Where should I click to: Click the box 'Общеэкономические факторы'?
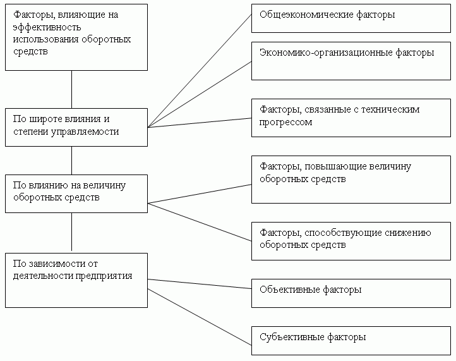(x=351, y=18)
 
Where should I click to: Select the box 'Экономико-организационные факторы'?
(x=351, y=61)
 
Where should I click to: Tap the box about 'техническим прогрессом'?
(x=351, y=117)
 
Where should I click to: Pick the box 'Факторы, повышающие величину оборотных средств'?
(x=351, y=179)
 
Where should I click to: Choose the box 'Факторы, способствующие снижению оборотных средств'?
(x=351, y=240)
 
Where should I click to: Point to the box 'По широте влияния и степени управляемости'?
(x=76, y=127)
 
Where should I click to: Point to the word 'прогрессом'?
(x=286, y=123)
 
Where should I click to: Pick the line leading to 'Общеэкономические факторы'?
(x=200, y=70)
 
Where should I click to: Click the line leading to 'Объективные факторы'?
(x=200, y=284)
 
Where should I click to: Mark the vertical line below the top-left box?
(x=72, y=89)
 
